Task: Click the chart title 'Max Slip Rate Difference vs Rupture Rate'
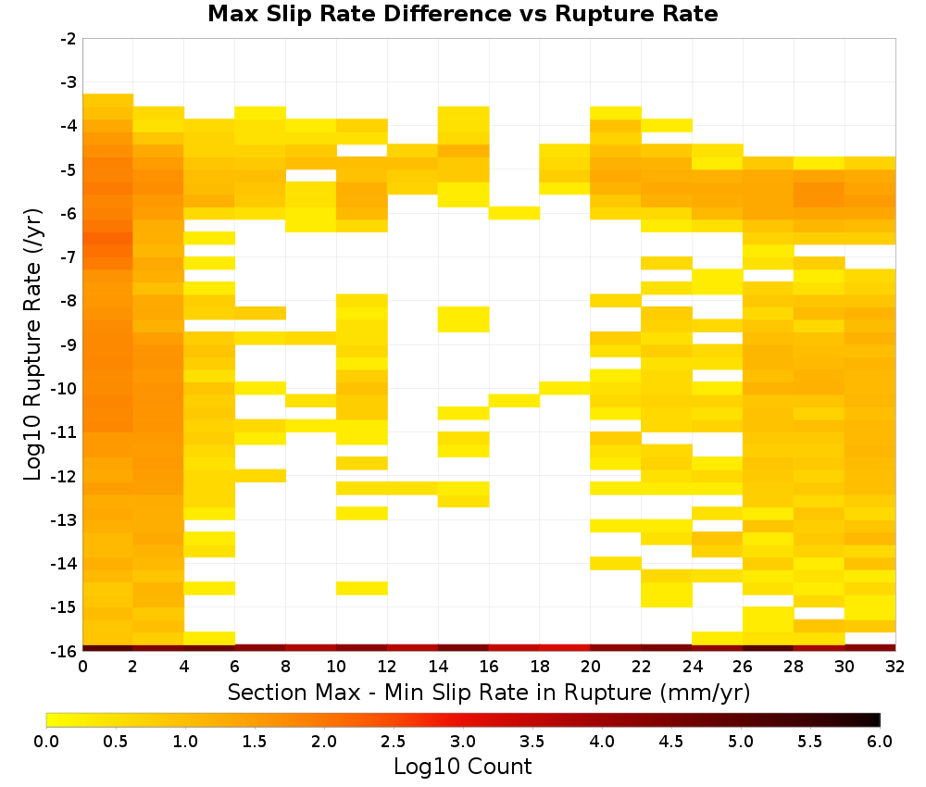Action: pyautogui.click(x=462, y=14)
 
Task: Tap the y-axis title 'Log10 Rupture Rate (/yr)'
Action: pyautogui.click(x=33, y=344)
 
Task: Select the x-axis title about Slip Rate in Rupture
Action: pyautogui.click(x=489, y=692)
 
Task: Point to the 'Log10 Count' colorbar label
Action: pyautogui.click(x=462, y=767)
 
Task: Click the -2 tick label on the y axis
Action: pyautogui.click(x=68, y=39)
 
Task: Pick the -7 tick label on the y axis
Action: pyautogui.click(x=68, y=257)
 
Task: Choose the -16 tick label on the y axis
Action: pyautogui.click(x=65, y=651)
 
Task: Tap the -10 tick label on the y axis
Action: pyautogui.click(x=65, y=389)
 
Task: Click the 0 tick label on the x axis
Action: pyautogui.click(x=82, y=667)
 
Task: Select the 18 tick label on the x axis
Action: pyautogui.click(x=540, y=667)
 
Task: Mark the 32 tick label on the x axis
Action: pyautogui.click(x=895, y=667)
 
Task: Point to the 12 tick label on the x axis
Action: pyautogui.click(x=387, y=667)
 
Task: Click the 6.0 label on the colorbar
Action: pyautogui.click(x=880, y=742)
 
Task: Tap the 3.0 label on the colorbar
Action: pyautogui.click(x=463, y=742)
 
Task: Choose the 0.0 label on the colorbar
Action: pyautogui.click(x=46, y=742)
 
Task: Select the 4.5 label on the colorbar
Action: pyautogui.click(x=671, y=742)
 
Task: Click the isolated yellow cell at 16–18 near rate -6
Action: pyautogui.click(x=514, y=213)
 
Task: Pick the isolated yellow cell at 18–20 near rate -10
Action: pyautogui.click(x=565, y=388)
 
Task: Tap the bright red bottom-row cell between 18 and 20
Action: pyautogui.click(x=565, y=648)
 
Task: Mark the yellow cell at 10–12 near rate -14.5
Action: pyautogui.click(x=362, y=588)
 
